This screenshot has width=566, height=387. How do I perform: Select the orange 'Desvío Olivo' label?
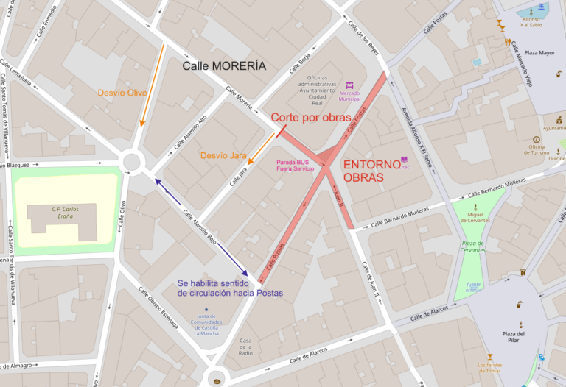122,93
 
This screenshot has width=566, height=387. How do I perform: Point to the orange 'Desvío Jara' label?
223,155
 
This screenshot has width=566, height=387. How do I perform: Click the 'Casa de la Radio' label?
246,346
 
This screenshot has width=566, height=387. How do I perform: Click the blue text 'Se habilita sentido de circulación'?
231,288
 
